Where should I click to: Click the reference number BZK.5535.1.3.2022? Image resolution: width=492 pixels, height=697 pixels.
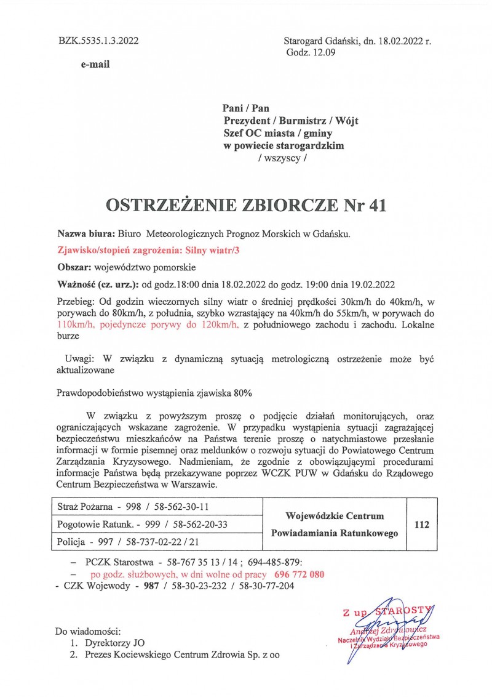98,41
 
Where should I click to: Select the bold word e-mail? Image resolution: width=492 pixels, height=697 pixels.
95,64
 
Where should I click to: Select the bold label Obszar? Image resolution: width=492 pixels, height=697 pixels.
74,268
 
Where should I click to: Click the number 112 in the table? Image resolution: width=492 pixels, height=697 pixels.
422,525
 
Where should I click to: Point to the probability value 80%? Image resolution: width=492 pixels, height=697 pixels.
242,392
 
